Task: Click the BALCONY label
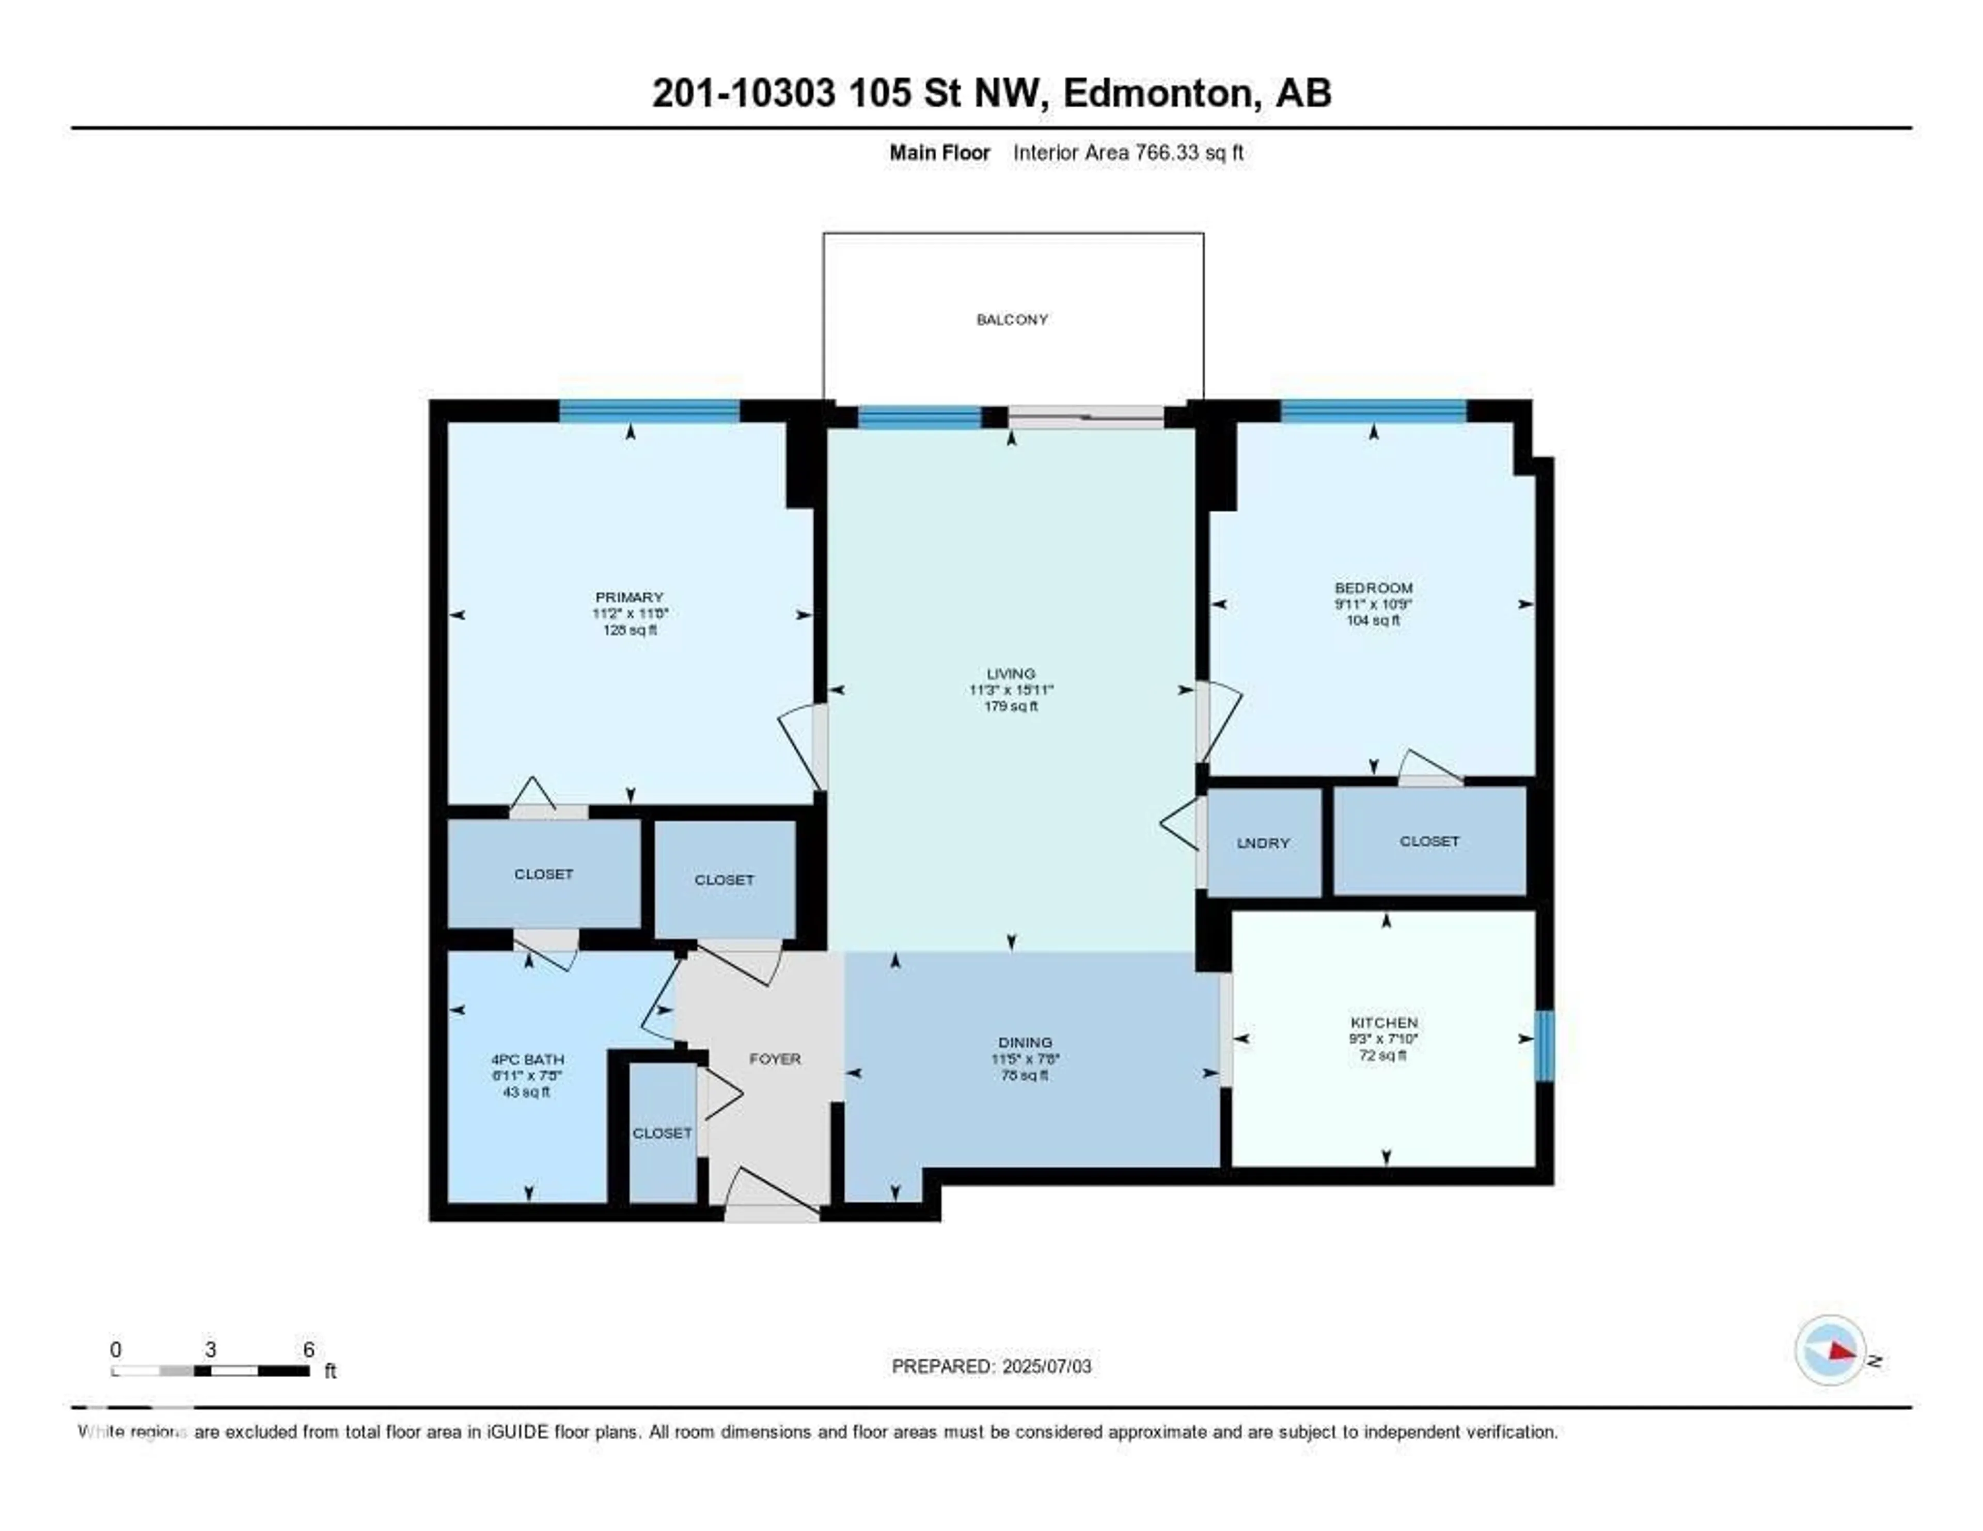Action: tap(1012, 320)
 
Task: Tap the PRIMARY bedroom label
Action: tap(629, 597)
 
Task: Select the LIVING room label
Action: tap(1011, 674)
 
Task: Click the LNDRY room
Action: tap(1263, 843)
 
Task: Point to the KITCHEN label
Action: tap(1384, 1023)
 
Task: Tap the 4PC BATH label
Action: tap(528, 1059)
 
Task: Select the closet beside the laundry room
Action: tap(1429, 841)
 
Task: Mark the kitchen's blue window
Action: tap(1544, 1045)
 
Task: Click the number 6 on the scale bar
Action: tap(309, 1349)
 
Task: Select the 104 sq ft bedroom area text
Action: tap(1373, 621)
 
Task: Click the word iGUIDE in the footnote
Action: tap(516, 1432)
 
